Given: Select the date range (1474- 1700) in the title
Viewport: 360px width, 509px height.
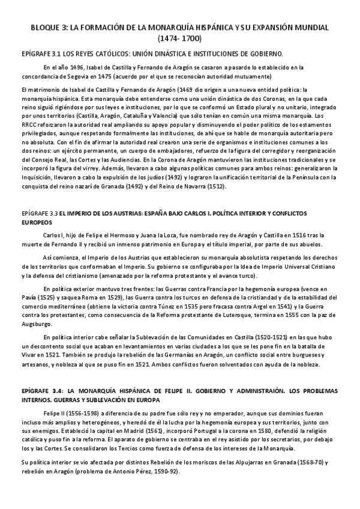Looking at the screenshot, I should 180,39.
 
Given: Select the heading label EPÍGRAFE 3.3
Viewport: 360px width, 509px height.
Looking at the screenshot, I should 40,212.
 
